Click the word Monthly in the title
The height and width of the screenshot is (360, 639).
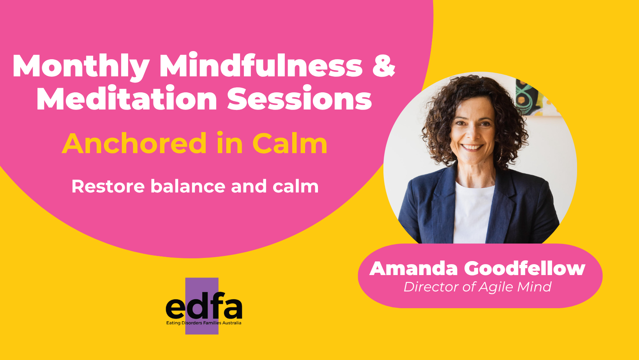coord(81,66)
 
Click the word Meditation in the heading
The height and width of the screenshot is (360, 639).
coord(127,99)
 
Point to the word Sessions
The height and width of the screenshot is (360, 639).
coord(299,99)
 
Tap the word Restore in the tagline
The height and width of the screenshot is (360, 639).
coord(108,186)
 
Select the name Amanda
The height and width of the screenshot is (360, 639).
coord(413,268)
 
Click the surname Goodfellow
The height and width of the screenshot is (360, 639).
coord(525,268)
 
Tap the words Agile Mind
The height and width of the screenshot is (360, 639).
coord(515,287)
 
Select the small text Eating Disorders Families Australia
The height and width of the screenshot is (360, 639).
coord(204,323)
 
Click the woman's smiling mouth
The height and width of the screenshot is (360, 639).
coord(472,147)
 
